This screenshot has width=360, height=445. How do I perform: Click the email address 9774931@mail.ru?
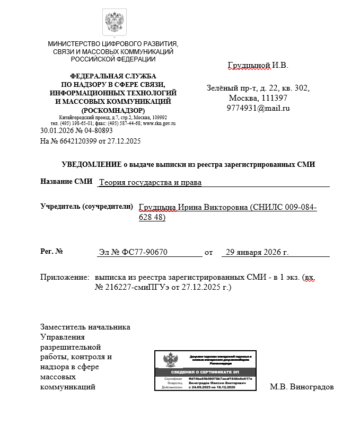click(x=258, y=109)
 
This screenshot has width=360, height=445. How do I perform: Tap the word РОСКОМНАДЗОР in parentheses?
click(x=113, y=110)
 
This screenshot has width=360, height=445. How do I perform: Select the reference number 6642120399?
click(x=78, y=141)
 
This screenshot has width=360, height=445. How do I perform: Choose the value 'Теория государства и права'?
click(x=151, y=183)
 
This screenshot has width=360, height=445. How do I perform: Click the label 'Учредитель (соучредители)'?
click(x=86, y=206)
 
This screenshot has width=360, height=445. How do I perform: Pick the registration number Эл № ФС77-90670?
click(x=133, y=252)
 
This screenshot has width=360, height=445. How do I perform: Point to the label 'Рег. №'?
click(x=52, y=251)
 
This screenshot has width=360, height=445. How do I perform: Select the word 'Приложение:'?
click(x=64, y=277)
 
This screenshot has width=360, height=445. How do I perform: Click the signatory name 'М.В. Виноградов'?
click(x=302, y=387)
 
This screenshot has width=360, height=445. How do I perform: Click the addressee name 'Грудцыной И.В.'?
click(x=258, y=66)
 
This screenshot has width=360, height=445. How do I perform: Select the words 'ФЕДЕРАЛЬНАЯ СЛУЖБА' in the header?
click(x=113, y=77)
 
